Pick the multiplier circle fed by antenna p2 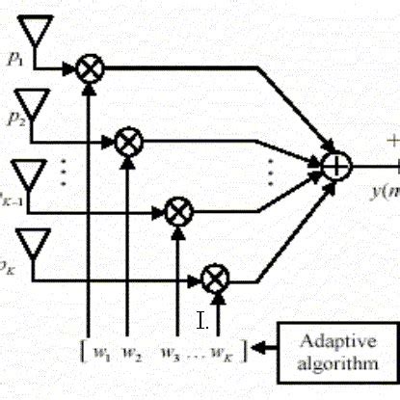[x=127, y=142]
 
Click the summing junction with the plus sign [x=335, y=166]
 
